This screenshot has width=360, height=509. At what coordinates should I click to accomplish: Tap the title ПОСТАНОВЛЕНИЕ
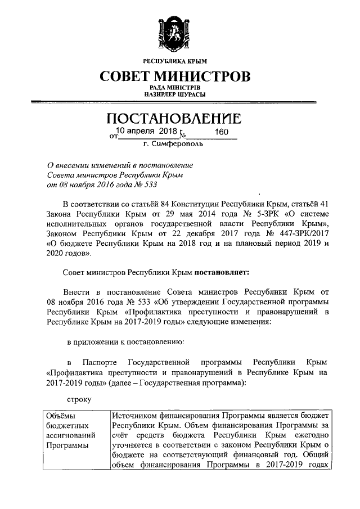175,119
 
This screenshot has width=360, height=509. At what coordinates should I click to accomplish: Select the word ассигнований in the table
70,435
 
